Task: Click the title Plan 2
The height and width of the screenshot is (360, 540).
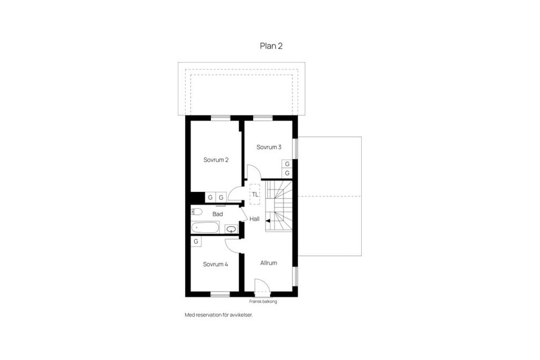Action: pyautogui.click(x=271, y=46)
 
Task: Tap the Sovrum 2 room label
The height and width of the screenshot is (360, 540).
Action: pyautogui.click(x=216, y=160)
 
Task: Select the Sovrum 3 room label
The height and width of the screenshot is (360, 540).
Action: pyautogui.click(x=269, y=147)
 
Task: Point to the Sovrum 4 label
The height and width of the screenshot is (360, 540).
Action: pyautogui.click(x=215, y=264)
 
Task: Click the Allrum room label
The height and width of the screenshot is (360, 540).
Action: pyautogui.click(x=268, y=263)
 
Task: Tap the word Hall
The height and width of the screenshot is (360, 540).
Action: pyautogui.click(x=254, y=219)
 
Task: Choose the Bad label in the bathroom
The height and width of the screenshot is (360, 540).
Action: pyautogui.click(x=218, y=214)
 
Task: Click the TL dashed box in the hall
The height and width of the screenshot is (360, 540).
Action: pyautogui.click(x=255, y=194)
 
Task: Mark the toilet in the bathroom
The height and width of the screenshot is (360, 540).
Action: pyautogui.click(x=196, y=212)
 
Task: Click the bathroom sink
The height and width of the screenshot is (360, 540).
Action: pyautogui.click(x=231, y=229)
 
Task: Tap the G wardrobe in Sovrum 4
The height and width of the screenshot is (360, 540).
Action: pyautogui.click(x=196, y=241)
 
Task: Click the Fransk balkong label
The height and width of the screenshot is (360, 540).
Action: pyautogui.click(x=263, y=301)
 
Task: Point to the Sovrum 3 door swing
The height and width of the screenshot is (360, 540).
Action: pyautogui.click(x=251, y=172)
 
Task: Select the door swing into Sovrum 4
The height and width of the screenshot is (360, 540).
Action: pyautogui.click(x=233, y=243)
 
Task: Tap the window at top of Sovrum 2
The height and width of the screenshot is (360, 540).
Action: pyautogui.click(x=220, y=118)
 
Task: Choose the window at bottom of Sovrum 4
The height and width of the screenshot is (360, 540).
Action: pyautogui.click(x=220, y=294)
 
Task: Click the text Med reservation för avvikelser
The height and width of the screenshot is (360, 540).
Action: pyautogui.click(x=219, y=315)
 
